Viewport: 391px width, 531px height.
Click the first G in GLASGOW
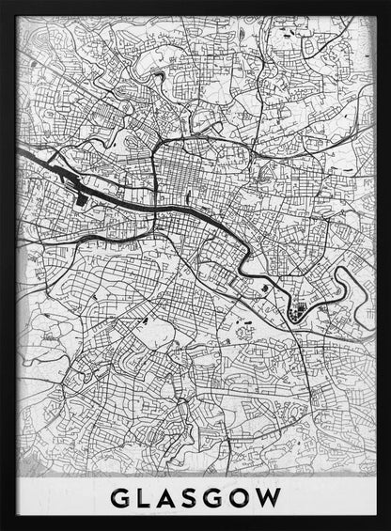[x=119, y=496]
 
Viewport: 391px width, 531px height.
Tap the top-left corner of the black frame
[x=3, y=3]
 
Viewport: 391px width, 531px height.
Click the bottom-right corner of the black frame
[x=387, y=527]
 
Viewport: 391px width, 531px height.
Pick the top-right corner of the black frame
[x=387, y=3]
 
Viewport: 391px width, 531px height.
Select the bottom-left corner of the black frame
[x=3, y=527]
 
